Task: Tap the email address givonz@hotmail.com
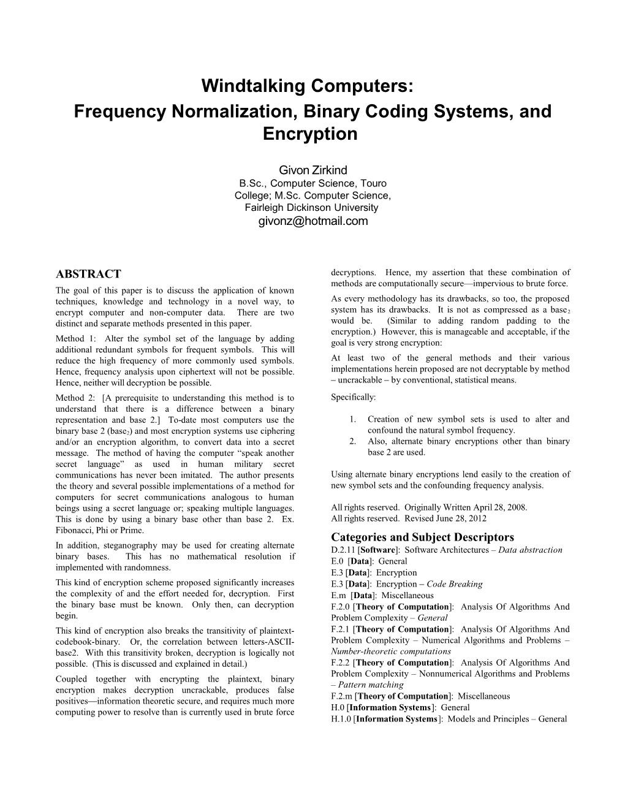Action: pyautogui.click(x=312, y=221)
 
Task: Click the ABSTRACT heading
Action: pyautogui.click(x=88, y=274)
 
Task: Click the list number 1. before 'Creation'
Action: pyautogui.click(x=353, y=419)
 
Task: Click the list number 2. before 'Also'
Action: pyautogui.click(x=353, y=441)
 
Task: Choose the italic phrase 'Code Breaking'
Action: pyautogui.click(x=455, y=584)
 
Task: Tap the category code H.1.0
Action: pyautogui.click(x=341, y=719)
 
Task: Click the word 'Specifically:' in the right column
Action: pyautogui.click(x=354, y=397)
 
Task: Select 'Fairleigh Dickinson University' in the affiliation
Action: pyautogui.click(x=312, y=207)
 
